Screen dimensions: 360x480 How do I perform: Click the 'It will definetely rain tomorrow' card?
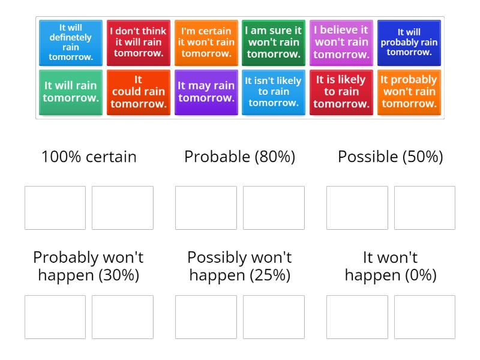click(x=71, y=43)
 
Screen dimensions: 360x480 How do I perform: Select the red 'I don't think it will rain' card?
click(x=139, y=43)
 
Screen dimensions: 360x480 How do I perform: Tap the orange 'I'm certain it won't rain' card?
click(x=206, y=43)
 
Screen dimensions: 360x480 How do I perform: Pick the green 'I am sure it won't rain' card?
click(x=274, y=43)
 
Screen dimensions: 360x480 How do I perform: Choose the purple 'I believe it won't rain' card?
click(x=341, y=43)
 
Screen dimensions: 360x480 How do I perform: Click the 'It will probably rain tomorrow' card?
click(x=409, y=43)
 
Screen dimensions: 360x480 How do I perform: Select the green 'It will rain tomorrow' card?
click(x=71, y=92)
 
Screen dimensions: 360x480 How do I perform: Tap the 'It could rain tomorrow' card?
click(x=139, y=92)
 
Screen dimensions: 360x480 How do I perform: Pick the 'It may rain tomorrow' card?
click(x=206, y=92)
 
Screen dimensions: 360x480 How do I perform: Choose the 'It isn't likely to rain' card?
click(x=274, y=92)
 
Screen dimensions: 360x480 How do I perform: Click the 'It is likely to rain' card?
click(x=341, y=92)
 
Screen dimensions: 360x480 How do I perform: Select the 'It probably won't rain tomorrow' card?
click(x=409, y=92)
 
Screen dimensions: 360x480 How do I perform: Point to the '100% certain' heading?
click(x=89, y=157)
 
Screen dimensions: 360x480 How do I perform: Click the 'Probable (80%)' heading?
click(x=239, y=157)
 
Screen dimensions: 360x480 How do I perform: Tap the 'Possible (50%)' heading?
click(x=391, y=157)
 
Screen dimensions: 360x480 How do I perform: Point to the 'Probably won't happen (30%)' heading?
click(x=89, y=266)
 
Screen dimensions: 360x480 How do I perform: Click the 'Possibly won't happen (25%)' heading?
click(x=239, y=266)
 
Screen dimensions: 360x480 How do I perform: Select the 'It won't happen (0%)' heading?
click(x=391, y=266)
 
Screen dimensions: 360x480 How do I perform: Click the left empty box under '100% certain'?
click(x=55, y=208)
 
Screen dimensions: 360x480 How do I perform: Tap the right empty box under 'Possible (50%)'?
click(x=424, y=208)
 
